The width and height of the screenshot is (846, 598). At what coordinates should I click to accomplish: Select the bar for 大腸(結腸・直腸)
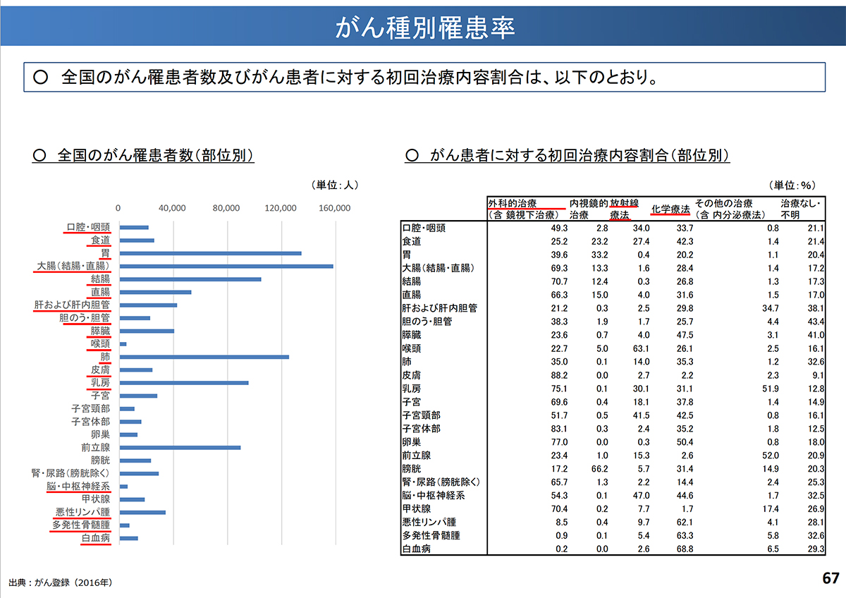tap(226, 267)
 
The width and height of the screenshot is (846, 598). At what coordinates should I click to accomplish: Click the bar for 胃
tap(210, 253)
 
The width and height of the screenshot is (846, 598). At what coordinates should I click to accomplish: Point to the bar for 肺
tap(204, 357)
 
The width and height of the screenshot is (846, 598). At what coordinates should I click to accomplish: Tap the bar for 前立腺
tap(180, 447)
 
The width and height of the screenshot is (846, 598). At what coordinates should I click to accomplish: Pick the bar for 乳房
tap(183, 383)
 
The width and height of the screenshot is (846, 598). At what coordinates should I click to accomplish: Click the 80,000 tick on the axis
tap(226, 208)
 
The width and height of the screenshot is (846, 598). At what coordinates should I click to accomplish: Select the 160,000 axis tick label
tap(334, 208)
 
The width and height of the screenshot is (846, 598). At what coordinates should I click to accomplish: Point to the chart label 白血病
tap(95, 538)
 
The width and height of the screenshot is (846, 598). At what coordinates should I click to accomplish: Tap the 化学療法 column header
tap(670, 209)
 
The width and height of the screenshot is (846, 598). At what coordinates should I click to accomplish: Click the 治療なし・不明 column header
tap(797, 209)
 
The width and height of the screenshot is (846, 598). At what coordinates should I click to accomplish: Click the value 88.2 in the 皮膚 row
tap(553, 374)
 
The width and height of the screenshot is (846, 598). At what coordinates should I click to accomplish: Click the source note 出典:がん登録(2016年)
tap(61, 583)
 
